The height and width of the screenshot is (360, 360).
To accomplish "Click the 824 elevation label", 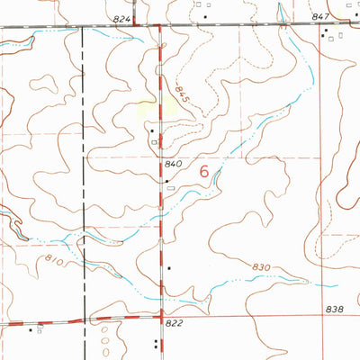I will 123,19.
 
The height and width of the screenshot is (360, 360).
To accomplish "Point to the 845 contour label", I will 184,93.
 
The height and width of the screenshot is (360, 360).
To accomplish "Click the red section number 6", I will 204,171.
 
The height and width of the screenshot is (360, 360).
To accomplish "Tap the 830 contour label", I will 262,267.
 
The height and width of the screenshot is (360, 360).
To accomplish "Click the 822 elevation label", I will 175,321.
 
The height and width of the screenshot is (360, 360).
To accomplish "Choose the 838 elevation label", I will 335,310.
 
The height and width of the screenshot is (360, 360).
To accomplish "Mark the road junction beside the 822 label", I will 161,317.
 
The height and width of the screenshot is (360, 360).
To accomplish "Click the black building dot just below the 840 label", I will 167,180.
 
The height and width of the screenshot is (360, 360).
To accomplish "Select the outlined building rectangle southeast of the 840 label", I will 170,189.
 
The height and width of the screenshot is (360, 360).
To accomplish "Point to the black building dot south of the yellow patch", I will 152,131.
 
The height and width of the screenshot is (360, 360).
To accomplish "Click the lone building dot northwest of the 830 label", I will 169,267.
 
